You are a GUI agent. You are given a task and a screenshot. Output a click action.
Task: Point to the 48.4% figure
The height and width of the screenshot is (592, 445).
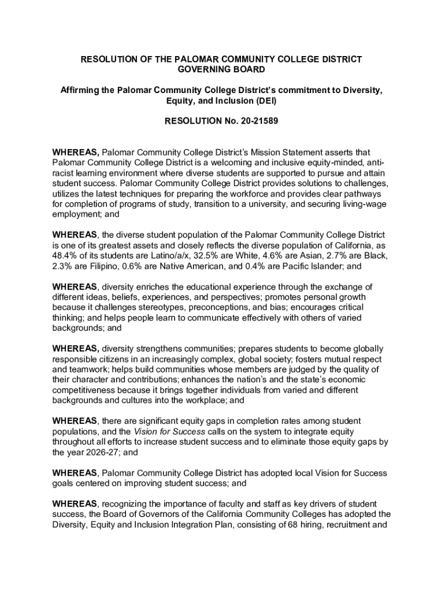(65, 256)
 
